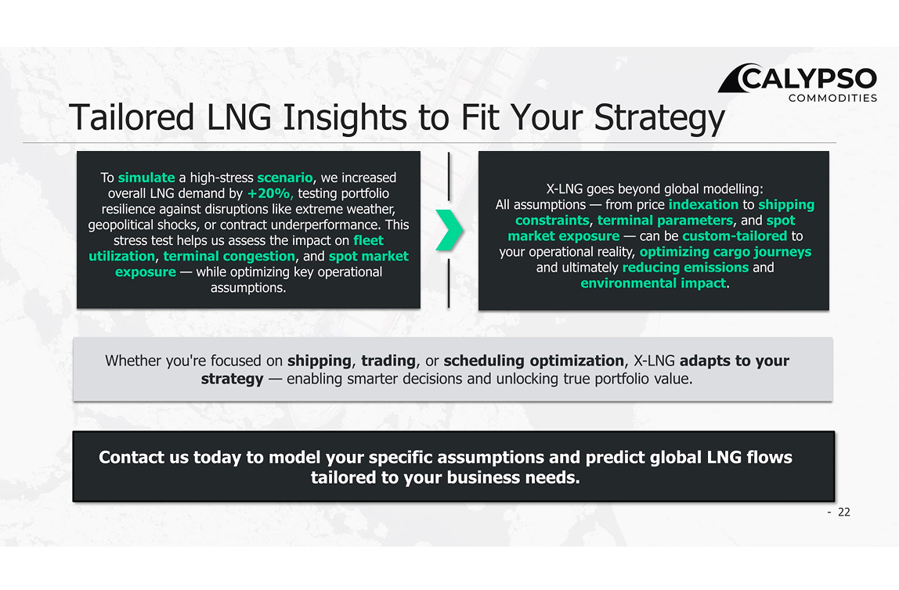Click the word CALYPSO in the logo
[809, 78]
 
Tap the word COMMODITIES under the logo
[832, 98]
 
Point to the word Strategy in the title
[659, 118]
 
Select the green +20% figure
[269, 193]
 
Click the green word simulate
[146, 178]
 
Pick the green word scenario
[284, 178]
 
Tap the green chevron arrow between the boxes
[449, 230]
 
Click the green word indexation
[703, 204]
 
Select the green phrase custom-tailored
[735, 236]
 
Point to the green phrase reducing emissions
[685, 268]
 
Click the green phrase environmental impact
[653, 283]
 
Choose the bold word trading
[388, 361]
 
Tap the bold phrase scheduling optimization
[534, 361]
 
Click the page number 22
[844, 512]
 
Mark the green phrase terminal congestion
[229, 256]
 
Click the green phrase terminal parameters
[665, 221]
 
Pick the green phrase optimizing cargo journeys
[725, 252]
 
